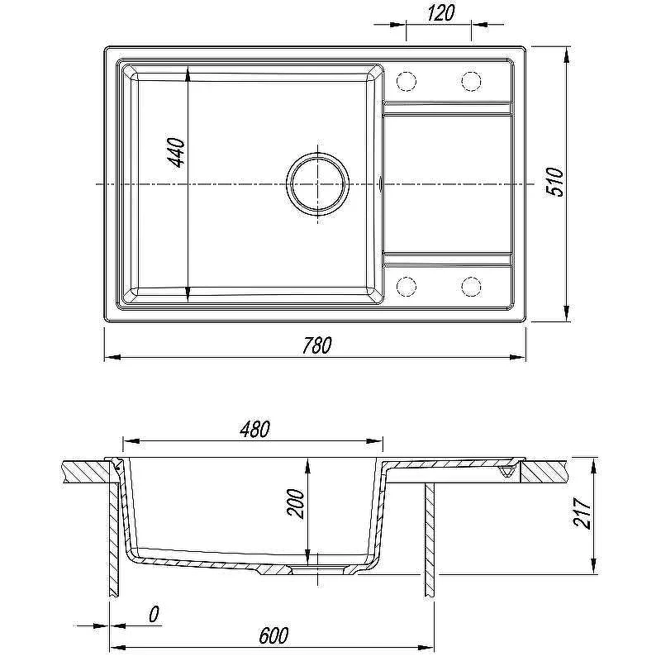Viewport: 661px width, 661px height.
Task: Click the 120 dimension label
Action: pos(440,12)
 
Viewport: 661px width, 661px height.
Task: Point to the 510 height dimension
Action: pos(554,182)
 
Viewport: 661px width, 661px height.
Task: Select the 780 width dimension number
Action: pos(317,345)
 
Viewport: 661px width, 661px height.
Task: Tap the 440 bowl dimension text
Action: pos(176,153)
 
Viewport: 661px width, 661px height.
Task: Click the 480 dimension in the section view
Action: pos(254,429)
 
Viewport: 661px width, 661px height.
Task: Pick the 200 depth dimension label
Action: pos(295,503)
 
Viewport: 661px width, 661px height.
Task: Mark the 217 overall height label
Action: pos(583,513)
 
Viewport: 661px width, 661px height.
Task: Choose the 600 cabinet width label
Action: pos(273,635)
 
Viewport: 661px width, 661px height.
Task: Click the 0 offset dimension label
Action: pos(154,614)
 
